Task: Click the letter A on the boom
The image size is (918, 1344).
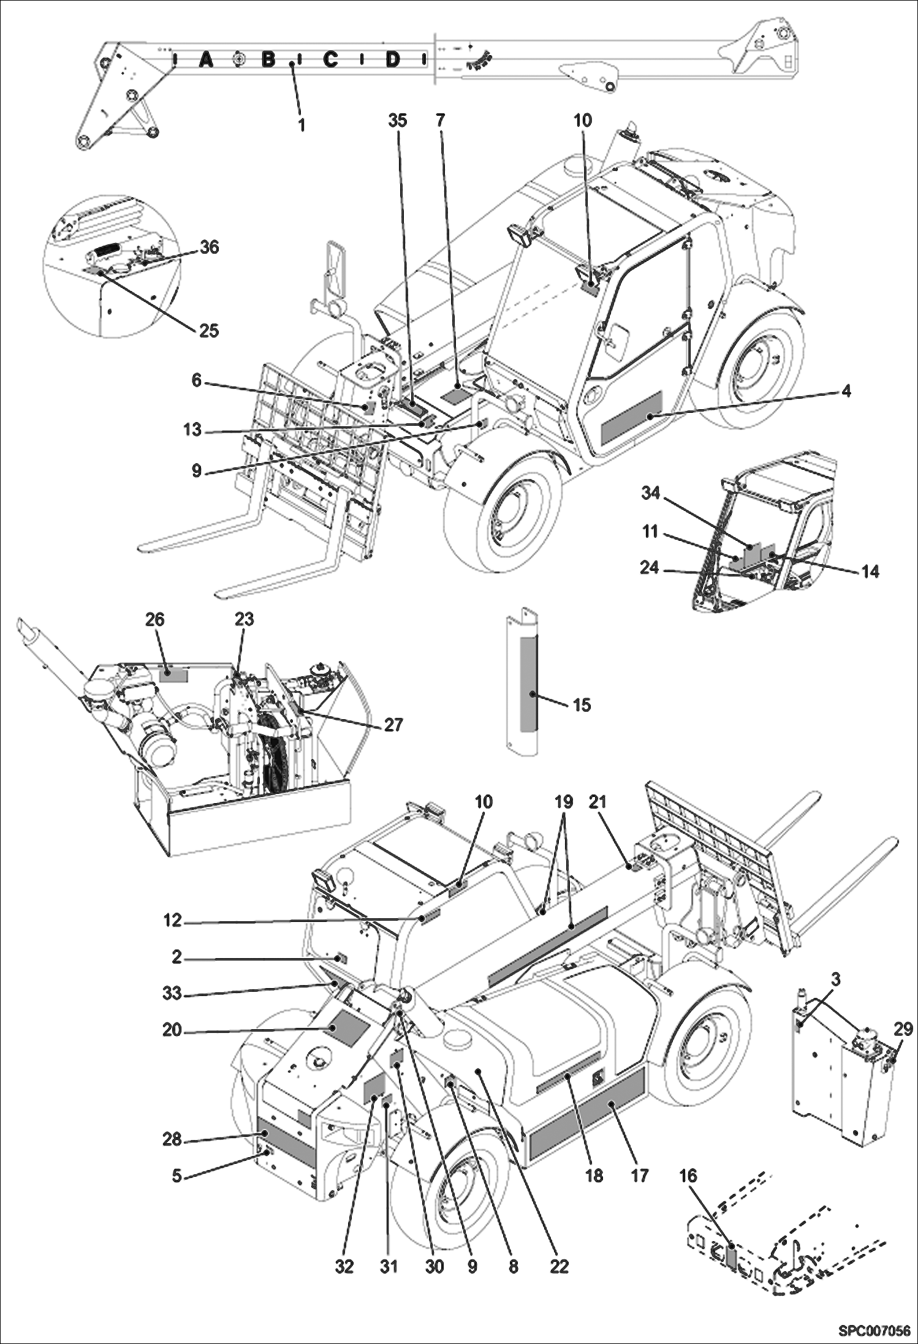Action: coord(207,59)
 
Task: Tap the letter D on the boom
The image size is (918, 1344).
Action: coord(393,59)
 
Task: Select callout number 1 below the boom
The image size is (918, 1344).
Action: coord(301,124)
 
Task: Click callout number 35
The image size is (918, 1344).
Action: coord(398,121)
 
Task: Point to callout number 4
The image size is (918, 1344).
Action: coord(846,390)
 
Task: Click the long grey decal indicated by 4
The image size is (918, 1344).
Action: coord(631,418)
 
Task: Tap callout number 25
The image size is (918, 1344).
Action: coord(209,331)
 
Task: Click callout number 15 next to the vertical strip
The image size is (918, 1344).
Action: coord(582,705)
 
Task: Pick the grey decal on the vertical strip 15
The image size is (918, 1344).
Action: coord(528,684)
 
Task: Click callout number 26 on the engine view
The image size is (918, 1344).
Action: coord(154,619)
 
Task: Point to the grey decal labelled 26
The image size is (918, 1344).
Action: coord(174,674)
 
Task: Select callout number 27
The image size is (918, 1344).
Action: coord(393,725)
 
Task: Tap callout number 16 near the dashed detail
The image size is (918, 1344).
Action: coord(688,1176)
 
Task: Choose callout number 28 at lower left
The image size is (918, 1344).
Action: coord(172,1139)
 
